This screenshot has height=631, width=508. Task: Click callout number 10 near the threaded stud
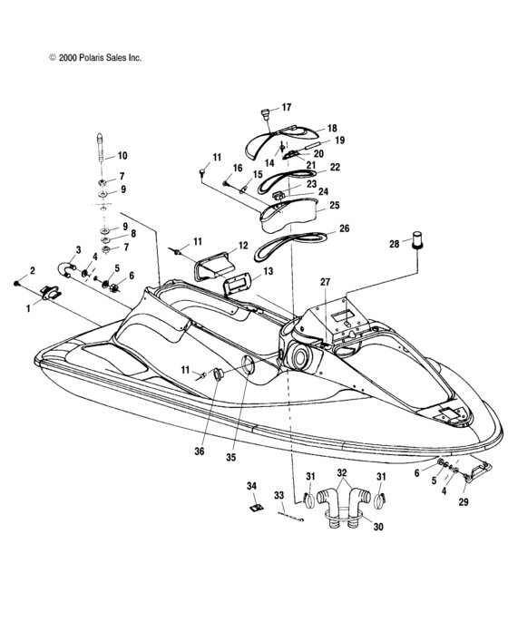[122, 156]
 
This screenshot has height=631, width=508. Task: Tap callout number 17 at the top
[286, 107]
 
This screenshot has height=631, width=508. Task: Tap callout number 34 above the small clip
[253, 487]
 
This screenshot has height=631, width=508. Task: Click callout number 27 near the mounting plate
[326, 282]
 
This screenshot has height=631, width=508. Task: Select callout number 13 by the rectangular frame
[268, 271]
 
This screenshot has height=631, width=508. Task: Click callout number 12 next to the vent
[243, 246]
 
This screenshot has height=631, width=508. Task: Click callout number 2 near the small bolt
[32, 271]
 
